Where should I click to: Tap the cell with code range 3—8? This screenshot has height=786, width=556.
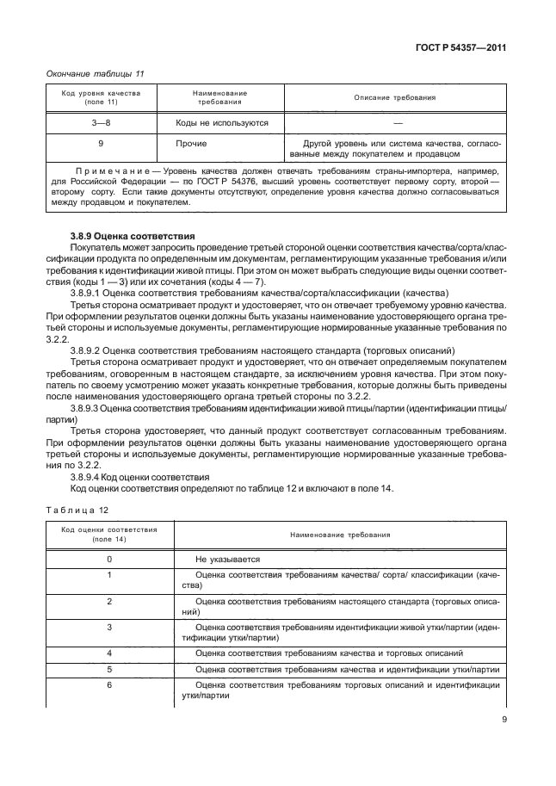(101, 122)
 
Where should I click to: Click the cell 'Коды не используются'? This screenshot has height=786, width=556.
(222, 122)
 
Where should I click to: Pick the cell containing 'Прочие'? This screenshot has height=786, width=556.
(190, 142)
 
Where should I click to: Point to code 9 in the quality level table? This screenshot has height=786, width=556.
(101, 142)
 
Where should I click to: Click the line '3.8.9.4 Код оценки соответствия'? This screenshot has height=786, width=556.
(139, 476)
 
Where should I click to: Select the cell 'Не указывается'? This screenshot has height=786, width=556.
(228, 558)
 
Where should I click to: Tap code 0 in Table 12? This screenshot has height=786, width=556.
(109, 558)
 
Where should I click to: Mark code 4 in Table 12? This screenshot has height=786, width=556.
(109, 653)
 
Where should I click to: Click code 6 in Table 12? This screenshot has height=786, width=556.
(109, 684)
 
